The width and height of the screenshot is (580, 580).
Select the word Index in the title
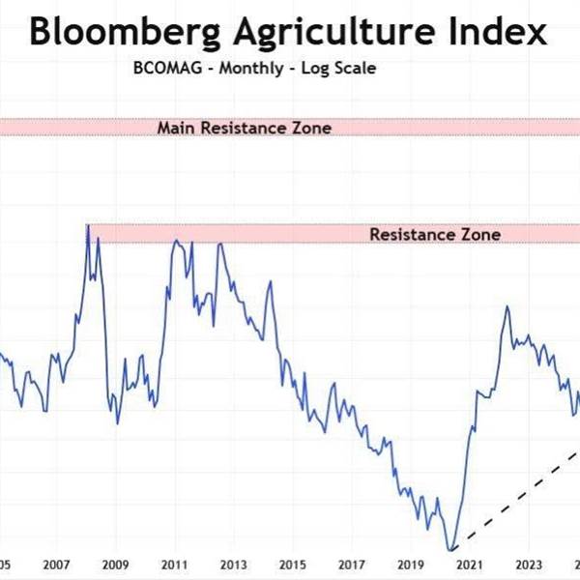(x=495, y=33)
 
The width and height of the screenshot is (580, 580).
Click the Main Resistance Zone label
(x=245, y=128)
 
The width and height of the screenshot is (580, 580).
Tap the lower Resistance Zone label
(x=435, y=234)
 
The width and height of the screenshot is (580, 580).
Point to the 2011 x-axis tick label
(x=174, y=565)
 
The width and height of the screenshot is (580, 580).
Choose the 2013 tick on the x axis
(x=233, y=565)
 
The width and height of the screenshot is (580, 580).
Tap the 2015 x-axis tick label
(x=292, y=565)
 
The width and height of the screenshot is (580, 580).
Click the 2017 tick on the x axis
(x=351, y=565)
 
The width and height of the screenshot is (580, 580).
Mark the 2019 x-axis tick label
(x=410, y=565)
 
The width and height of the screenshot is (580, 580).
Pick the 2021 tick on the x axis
(x=470, y=565)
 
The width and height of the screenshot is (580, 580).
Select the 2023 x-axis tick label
(x=529, y=565)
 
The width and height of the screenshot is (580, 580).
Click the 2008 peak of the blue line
(x=87, y=225)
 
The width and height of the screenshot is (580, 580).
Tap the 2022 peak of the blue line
(x=506, y=306)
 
